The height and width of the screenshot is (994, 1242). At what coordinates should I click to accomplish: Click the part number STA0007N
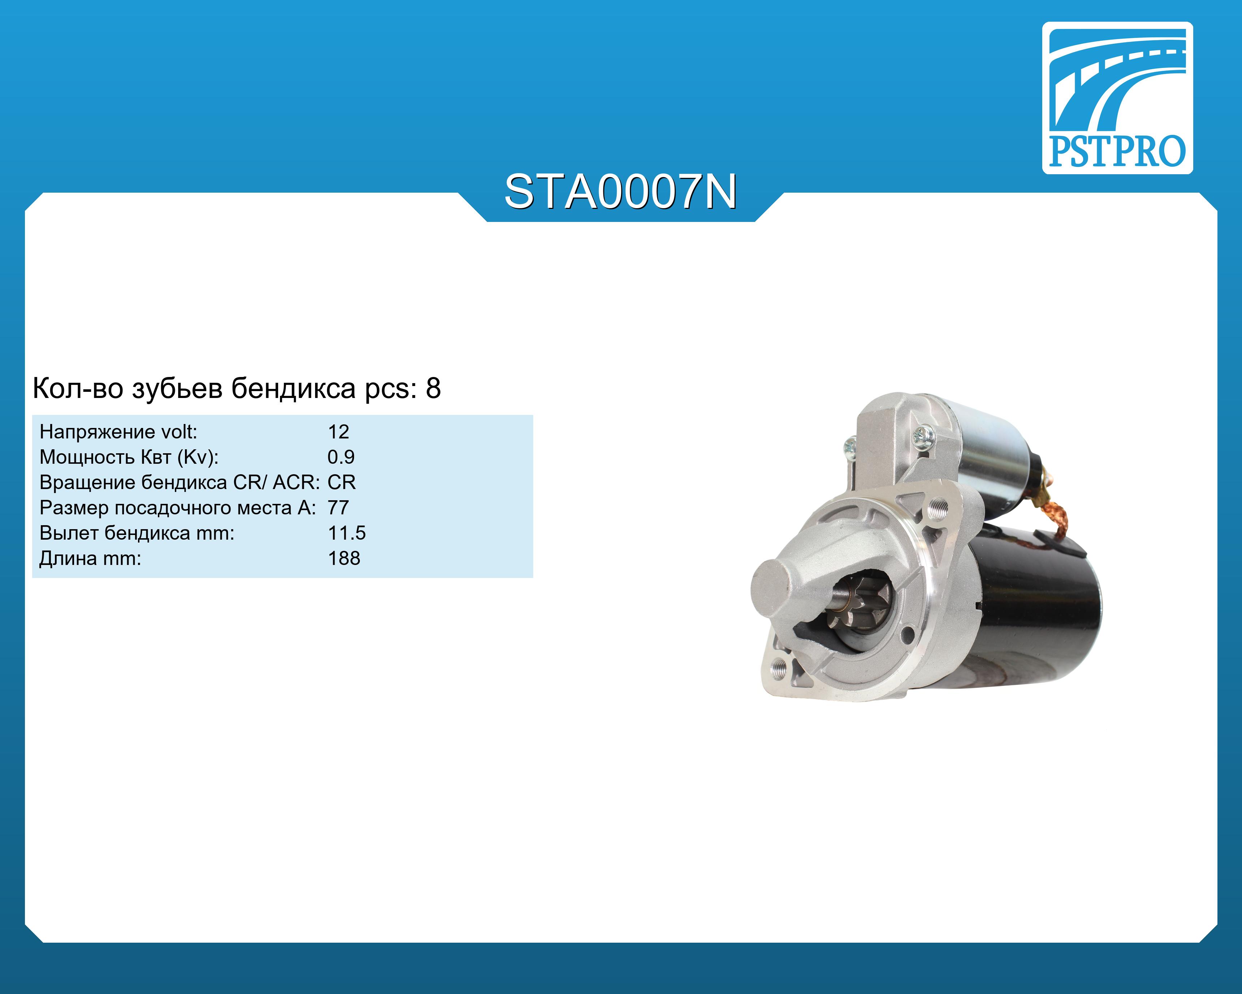(x=620, y=192)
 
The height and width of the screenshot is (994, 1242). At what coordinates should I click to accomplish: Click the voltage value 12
(x=338, y=432)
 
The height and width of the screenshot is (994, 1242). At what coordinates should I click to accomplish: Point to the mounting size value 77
(x=338, y=507)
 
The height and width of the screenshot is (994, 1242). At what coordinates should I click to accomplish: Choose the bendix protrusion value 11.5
(x=346, y=533)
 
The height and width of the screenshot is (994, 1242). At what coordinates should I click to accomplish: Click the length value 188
(x=344, y=558)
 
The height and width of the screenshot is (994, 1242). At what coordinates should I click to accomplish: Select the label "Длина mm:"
(x=90, y=559)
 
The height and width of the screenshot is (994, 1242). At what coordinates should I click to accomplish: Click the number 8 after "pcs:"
(x=433, y=389)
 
